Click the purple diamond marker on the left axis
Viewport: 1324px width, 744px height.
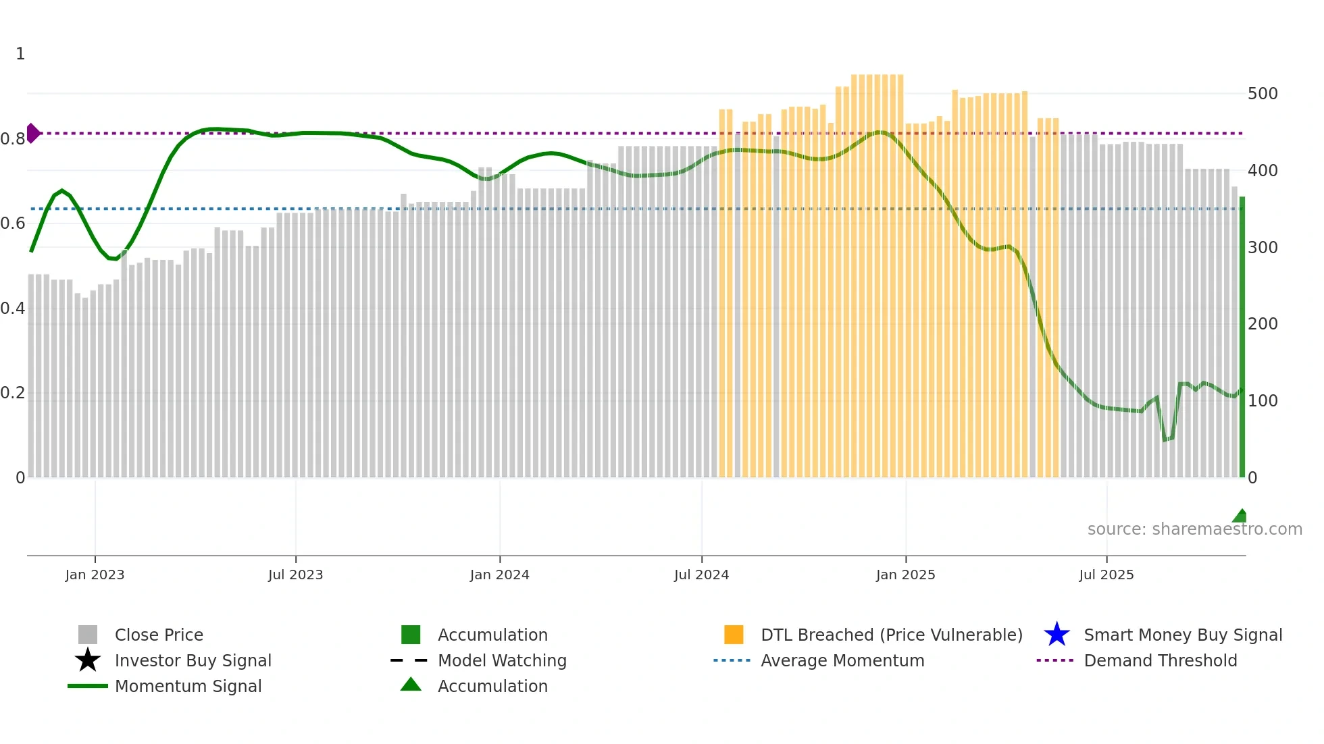(32, 133)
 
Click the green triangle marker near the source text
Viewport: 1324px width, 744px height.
(1240, 516)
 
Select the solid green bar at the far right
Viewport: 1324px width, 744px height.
(1242, 338)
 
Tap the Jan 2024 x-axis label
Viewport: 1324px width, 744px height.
(499, 575)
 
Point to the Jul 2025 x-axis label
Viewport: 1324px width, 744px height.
(1106, 575)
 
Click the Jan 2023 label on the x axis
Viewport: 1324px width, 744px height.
(95, 575)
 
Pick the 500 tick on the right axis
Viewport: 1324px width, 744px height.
(1262, 94)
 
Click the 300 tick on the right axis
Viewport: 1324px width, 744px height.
(1262, 248)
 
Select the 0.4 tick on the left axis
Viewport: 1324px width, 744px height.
(13, 309)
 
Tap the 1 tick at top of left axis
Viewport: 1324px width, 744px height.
(20, 54)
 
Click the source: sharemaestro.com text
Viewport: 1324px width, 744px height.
(1194, 529)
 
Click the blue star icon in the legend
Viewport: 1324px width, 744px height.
(1056, 635)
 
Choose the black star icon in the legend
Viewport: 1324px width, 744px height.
(88, 660)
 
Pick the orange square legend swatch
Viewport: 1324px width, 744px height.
(734, 635)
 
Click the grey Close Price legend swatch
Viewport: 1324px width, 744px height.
(88, 635)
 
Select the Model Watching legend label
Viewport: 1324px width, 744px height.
(502, 660)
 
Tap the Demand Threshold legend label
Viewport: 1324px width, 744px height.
(1160, 660)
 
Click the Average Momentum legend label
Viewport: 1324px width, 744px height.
(842, 660)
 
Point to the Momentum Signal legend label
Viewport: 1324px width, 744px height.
(188, 686)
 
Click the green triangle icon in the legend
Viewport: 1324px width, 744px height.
(411, 685)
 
